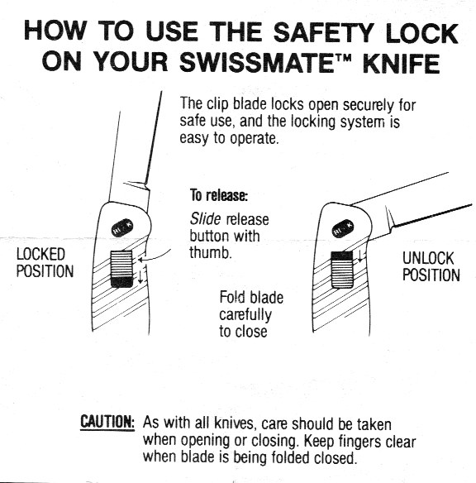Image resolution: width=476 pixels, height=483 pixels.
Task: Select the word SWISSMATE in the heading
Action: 258,63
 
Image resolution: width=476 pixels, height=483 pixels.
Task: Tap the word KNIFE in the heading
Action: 402,63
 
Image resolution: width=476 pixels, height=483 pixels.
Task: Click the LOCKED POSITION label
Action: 45,263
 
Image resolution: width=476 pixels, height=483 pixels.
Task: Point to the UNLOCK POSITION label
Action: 431,267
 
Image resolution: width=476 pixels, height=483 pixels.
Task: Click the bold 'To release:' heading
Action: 219,195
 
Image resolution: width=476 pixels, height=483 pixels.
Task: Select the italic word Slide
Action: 205,219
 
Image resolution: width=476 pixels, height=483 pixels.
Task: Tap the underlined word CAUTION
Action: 107,422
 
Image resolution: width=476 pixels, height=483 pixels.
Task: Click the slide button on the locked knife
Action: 121,269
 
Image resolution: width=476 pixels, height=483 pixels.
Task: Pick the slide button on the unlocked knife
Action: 342,270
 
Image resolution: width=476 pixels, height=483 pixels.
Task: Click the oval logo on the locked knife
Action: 122,227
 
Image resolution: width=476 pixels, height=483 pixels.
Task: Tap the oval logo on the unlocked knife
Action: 343,228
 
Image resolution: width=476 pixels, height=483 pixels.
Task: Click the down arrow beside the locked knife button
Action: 140,276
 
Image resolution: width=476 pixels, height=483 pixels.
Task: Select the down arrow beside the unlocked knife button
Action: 360,256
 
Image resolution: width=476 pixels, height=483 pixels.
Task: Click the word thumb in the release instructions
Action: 211,253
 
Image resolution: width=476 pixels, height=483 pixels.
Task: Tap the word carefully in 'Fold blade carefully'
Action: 245,315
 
